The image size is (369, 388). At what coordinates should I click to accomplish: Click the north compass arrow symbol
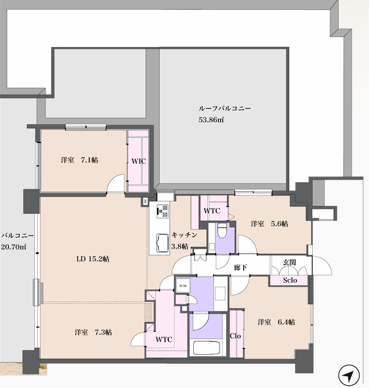pyautogui.click(x=349, y=375)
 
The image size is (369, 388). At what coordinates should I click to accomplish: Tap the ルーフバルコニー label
pyautogui.click(x=225, y=109)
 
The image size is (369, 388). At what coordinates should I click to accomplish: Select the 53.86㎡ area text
pyautogui.click(x=211, y=120)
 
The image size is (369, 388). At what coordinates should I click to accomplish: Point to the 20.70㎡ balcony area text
pyautogui.click(x=13, y=247)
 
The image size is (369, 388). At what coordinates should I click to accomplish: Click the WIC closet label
pyautogui.click(x=139, y=161)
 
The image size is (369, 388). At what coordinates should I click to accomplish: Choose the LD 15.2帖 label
pyautogui.click(x=93, y=259)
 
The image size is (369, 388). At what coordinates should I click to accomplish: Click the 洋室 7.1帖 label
pyautogui.click(x=79, y=160)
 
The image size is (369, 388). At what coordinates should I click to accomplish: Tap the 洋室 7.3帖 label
pyautogui.click(x=93, y=332)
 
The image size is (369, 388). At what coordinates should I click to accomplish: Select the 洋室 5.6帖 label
pyautogui.click(x=270, y=224)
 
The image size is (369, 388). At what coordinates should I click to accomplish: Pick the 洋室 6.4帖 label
pyautogui.click(x=276, y=322)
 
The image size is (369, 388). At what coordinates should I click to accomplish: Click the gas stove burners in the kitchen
pyautogui.click(x=162, y=211)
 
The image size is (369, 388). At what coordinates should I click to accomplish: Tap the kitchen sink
pyautogui.click(x=162, y=243)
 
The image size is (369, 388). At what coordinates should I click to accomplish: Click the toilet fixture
pyautogui.click(x=222, y=230)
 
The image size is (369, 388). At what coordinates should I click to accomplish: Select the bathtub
pyautogui.click(x=207, y=348)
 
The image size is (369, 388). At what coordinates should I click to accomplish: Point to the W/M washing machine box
pyautogui.click(x=183, y=286)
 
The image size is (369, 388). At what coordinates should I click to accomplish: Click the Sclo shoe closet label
pyautogui.click(x=290, y=281)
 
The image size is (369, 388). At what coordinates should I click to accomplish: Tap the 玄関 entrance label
pyautogui.click(x=289, y=262)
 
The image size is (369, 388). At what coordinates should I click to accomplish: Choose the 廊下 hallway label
pyautogui.click(x=240, y=268)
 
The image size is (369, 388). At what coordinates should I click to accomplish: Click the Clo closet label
pyautogui.click(x=235, y=336)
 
